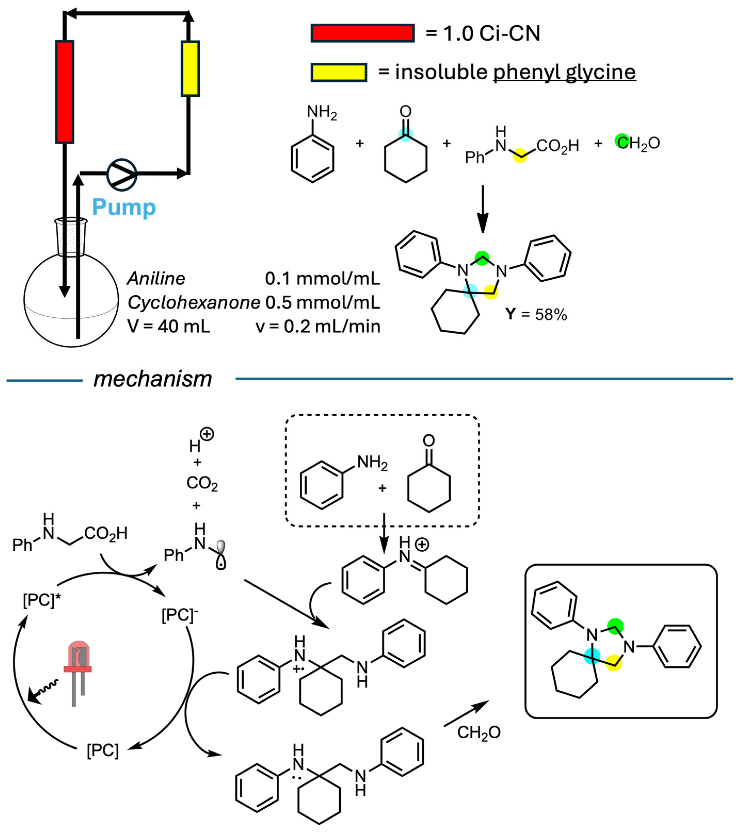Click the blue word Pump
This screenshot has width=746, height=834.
pyautogui.click(x=124, y=207)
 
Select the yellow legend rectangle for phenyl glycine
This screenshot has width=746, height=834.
pyautogui.click(x=339, y=72)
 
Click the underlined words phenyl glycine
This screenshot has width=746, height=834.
pyautogui.click(x=564, y=72)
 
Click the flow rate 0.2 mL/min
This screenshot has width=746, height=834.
pyautogui.click(x=318, y=327)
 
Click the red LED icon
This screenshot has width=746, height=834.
pyautogui.click(x=78, y=662)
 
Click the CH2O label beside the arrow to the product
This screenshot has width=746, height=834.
pyautogui.click(x=479, y=732)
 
